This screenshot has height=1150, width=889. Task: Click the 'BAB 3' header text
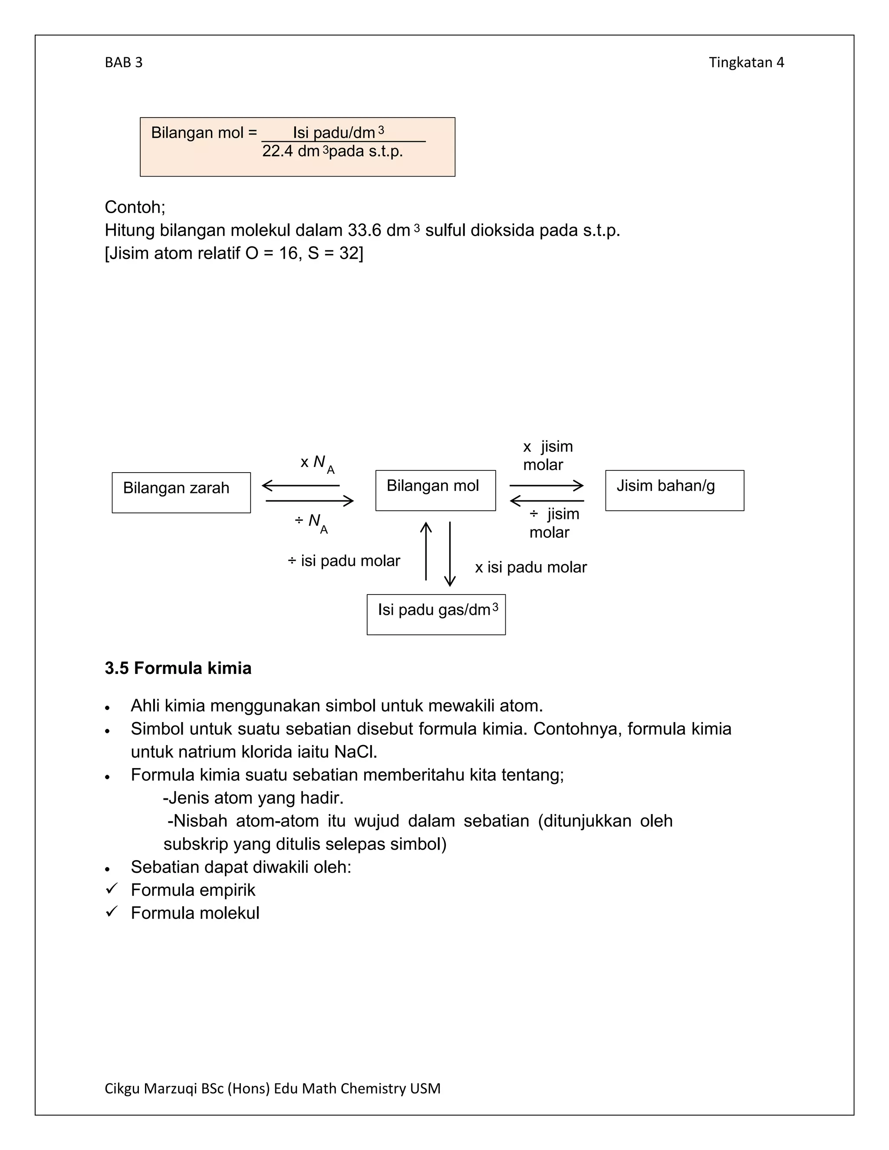point(123,62)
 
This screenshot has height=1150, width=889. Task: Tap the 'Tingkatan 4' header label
point(746,62)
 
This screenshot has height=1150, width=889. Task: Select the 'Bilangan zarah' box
point(181,493)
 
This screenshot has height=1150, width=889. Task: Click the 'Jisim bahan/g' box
point(674,490)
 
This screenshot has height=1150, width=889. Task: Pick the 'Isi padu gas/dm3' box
point(436,614)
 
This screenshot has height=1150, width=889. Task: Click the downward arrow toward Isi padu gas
point(450,554)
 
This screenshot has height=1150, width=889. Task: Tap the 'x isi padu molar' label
point(530,568)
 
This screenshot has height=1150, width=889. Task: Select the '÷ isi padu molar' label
point(344,561)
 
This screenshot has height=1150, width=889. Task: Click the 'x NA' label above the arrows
point(317,463)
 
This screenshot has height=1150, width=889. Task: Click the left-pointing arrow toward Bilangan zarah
point(301,486)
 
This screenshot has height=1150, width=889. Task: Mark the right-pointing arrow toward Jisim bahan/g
point(546,486)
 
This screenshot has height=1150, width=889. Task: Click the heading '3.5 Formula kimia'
point(178,668)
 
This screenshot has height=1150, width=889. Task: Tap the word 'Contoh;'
point(135,207)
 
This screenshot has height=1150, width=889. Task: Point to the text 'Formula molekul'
point(195,913)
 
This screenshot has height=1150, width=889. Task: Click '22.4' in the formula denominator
point(277,151)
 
